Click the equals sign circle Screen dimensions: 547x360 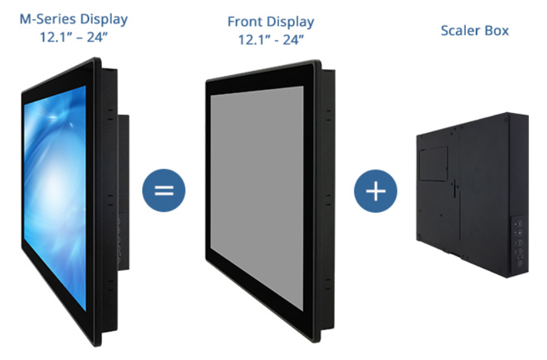click(164, 190)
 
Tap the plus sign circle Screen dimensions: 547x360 click(376, 191)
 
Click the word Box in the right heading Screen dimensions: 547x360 click(496, 31)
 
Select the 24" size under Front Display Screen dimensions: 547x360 click(293, 40)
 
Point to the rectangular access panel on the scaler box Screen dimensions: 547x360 click(433, 163)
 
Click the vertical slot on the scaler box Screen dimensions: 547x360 click(455, 188)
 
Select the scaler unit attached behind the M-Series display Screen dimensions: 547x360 click(124, 193)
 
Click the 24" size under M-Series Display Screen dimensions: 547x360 click(97, 37)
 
